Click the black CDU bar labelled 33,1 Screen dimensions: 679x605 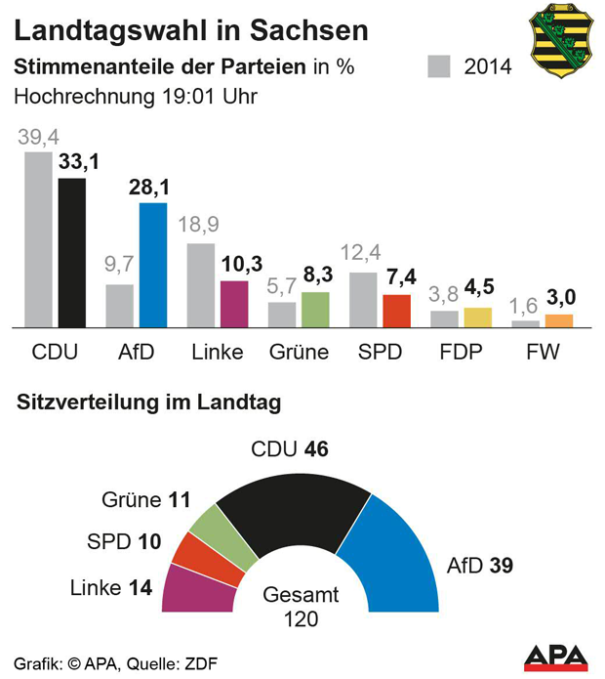[x=72, y=252]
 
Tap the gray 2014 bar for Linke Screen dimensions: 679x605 [x=200, y=284]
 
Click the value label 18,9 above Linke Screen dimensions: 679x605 [x=200, y=227]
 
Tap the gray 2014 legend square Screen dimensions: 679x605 [x=440, y=67]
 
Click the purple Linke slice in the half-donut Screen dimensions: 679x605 [x=189, y=586]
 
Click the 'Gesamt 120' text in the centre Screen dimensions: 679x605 [x=302, y=607]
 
